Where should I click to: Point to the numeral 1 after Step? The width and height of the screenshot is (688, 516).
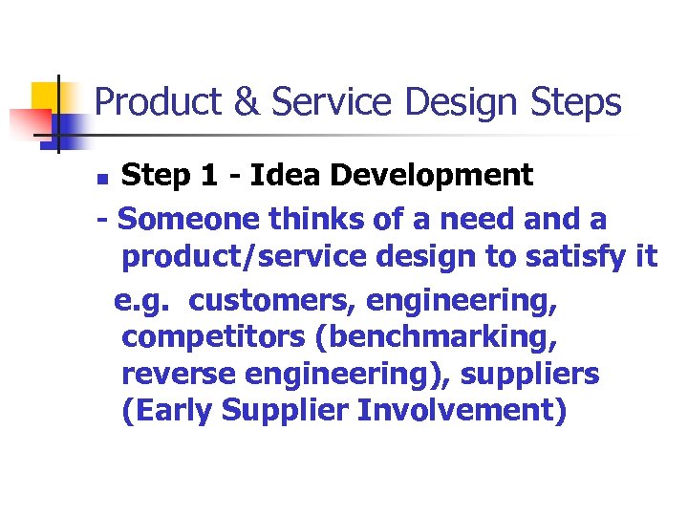click(x=215, y=175)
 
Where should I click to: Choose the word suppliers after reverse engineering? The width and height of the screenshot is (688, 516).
click(x=529, y=374)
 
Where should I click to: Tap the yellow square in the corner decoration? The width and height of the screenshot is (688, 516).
click(x=46, y=96)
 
